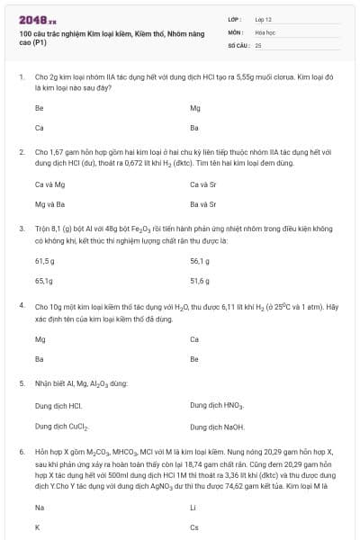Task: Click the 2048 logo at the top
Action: tap(37, 18)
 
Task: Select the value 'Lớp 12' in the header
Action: tap(264, 18)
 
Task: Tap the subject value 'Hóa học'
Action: tap(265, 31)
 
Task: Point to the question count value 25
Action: tap(258, 44)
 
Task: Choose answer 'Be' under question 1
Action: tap(39, 107)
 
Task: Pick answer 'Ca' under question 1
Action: tap(39, 127)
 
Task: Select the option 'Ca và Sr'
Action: tap(202, 184)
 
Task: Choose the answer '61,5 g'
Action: tap(45, 261)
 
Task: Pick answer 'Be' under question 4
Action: tap(194, 358)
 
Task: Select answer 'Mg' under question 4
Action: tap(40, 339)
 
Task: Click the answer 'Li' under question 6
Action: tap(193, 508)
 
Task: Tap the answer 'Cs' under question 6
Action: tap(194, 527)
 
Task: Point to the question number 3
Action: tap(21, 231)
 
